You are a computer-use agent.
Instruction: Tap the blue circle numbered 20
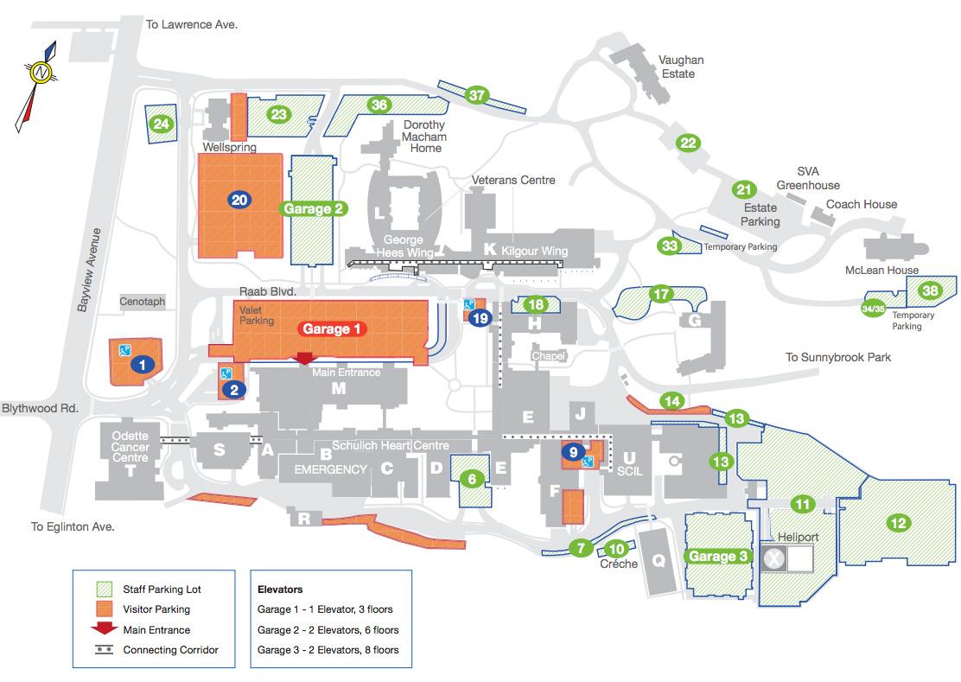coord(240,201)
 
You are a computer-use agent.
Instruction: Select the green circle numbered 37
coord(477,95)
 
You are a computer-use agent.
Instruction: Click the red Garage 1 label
coord(334,328)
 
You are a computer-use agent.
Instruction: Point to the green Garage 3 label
coord(717,556)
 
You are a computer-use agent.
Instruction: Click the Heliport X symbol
coord(773,559)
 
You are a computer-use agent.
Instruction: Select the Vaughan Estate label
coord(681,67)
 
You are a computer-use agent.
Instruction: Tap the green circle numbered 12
coord(898,522)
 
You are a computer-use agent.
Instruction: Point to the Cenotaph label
coord(143,303)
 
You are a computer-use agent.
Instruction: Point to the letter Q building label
coord(659,561)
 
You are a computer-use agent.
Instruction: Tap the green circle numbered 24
coord(161,124)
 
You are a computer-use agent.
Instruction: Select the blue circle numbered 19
coord(481,318)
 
